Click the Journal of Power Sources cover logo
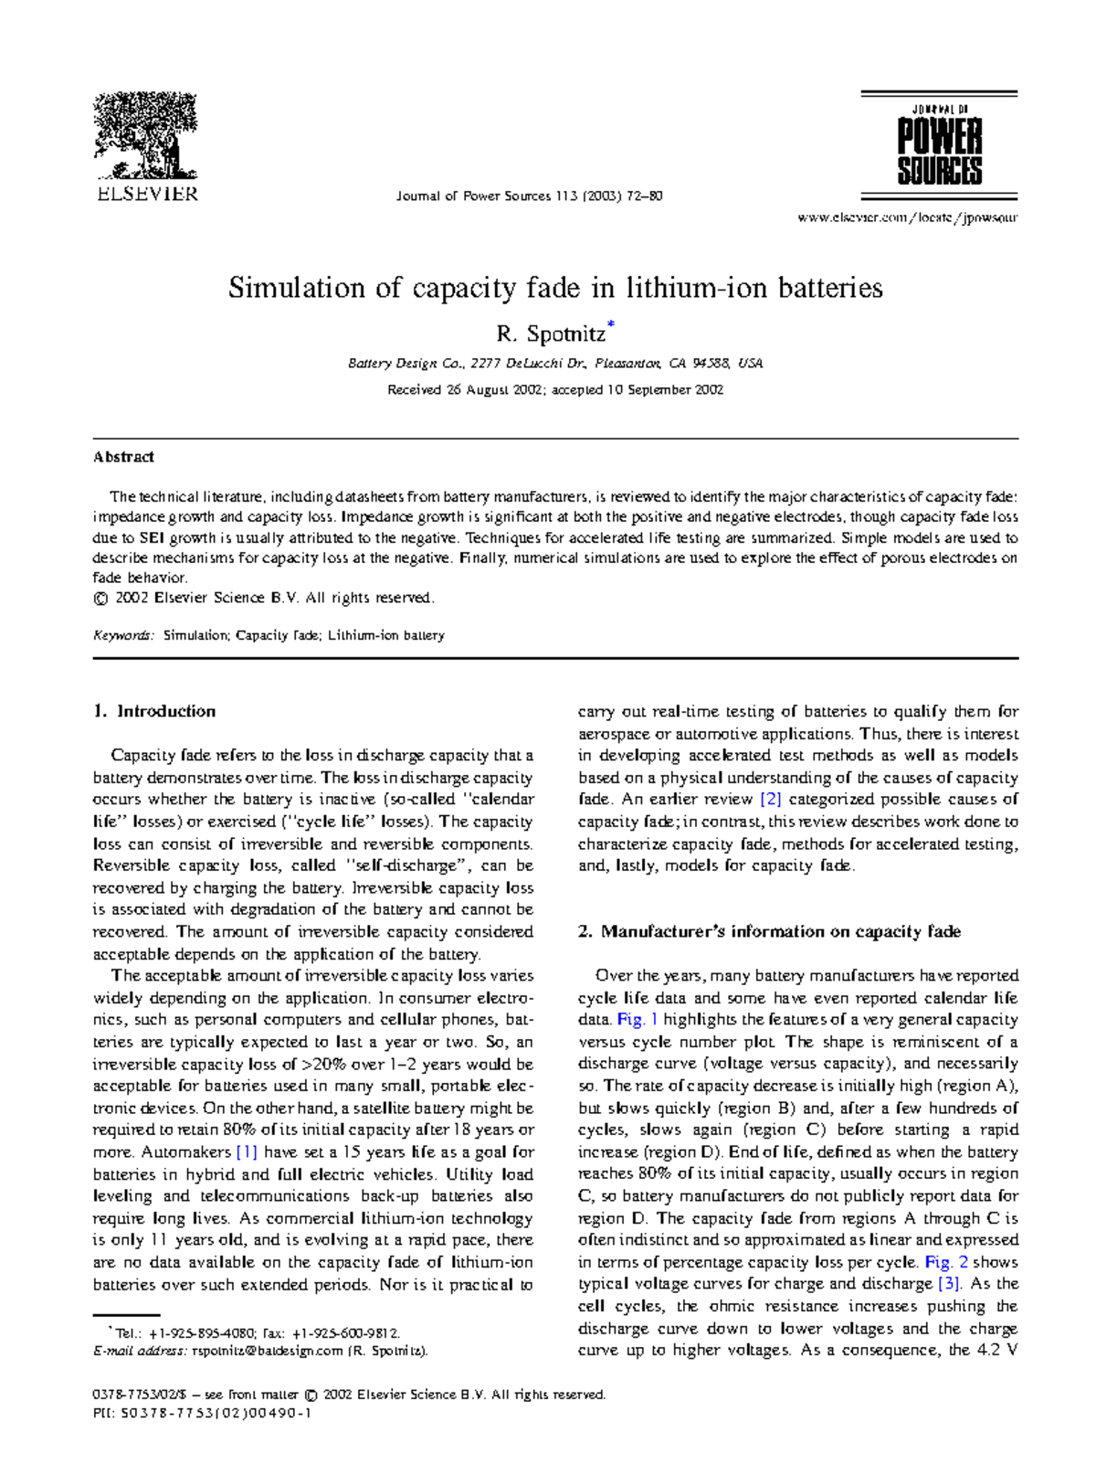pyautogui.click(x=939, y=144)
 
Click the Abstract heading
pyautogui.click(x=123, y=457)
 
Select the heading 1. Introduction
pyautogui.click(x=154, y=711)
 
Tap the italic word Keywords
pyautogui.click(x=123, y=635)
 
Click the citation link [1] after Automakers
pyautogui.click(x=247, y=1152)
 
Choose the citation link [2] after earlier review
pyautogui.click(x=771, y=800)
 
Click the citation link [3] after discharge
pyautogui.click(x=949, y=1284)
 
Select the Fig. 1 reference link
pyautogui.click(x=638, y=1020)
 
